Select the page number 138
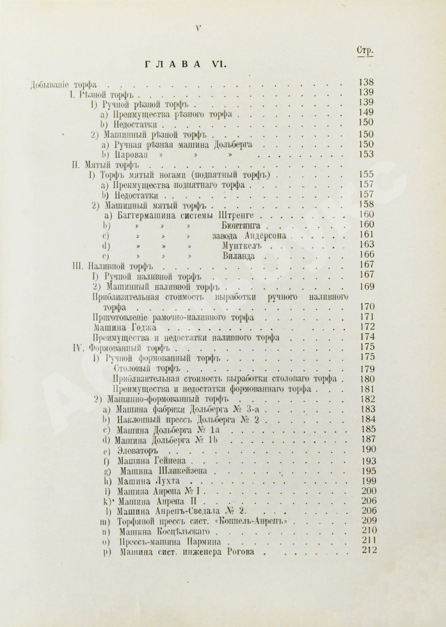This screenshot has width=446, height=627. coord(366,82)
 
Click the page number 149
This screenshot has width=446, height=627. coord(366,112)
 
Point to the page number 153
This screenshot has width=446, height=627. coord(366,154)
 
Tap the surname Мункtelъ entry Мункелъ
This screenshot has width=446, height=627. coord(241,246)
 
